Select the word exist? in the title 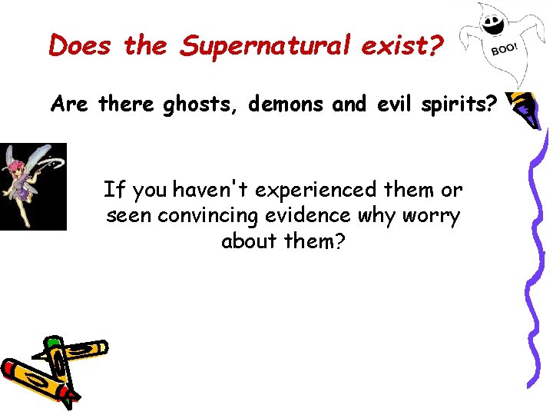point(408,45)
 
